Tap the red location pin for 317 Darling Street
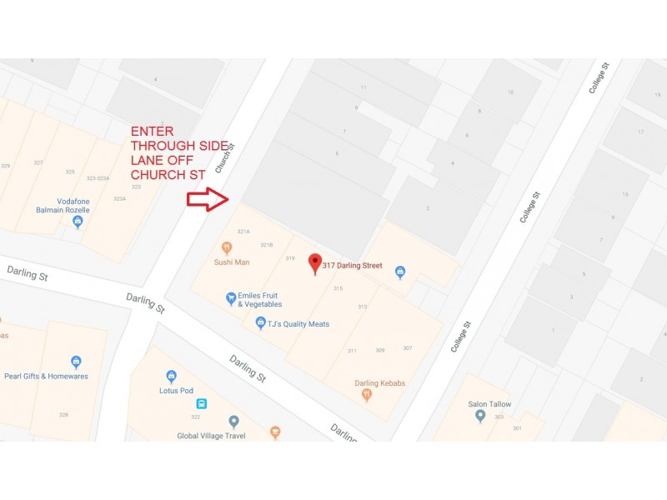(315, 263)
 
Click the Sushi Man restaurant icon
(226, 247)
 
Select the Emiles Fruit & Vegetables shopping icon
(231, 298)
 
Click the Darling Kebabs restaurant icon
(366, 396)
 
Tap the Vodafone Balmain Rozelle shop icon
(78, 222)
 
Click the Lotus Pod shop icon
(172, 376)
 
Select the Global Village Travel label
(211, 435)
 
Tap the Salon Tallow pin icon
(480, 415)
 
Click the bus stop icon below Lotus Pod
(202, 404)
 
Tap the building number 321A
(243, 231)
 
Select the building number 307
(407, 347)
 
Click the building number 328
(63, 414)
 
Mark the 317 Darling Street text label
(352, 265)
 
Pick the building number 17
(640, 132)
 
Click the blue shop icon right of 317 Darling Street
(399, 271)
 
